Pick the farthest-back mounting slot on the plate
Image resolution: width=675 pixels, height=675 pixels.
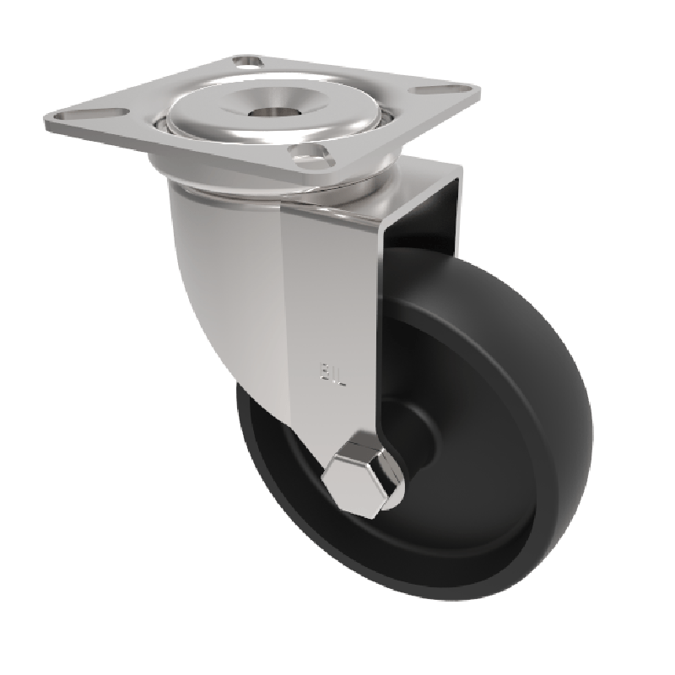[x=246, y=61]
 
